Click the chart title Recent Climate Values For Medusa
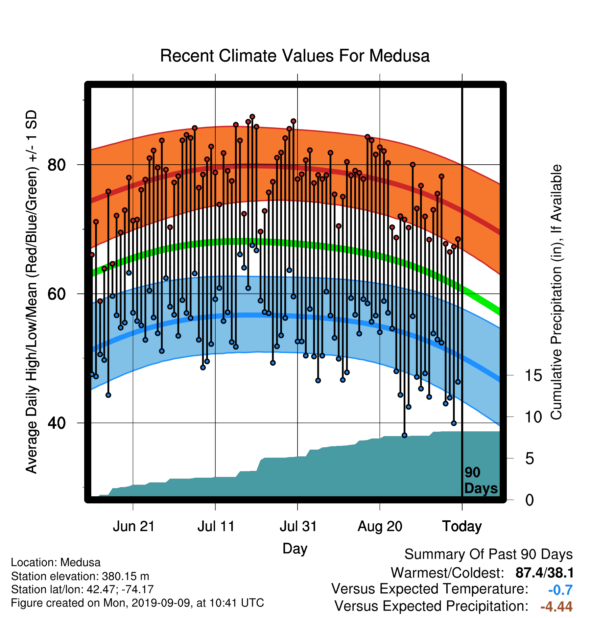295,56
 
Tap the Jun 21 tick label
134,526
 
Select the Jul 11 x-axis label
216,526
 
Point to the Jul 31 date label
298,526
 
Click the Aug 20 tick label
380,526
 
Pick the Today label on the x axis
462,526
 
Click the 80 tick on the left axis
56,165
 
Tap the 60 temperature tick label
56,294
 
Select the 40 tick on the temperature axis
56,423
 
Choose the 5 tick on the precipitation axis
530,459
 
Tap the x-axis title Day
295,548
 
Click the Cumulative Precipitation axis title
556,292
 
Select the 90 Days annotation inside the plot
481,480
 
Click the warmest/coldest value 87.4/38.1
544,573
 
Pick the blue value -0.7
560,590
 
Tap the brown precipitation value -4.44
557,607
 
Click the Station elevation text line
80,576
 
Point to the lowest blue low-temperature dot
404,435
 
